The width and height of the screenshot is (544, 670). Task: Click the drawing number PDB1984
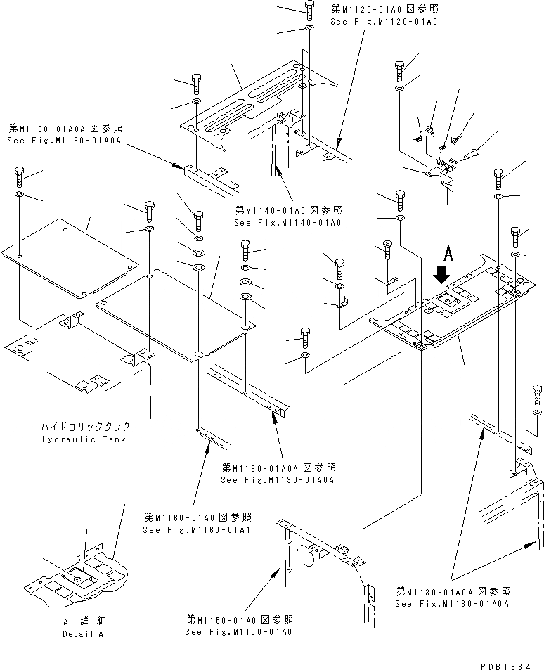pyautogui.click(x=512, y=664)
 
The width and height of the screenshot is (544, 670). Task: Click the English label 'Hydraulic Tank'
pyautogui.click(x=93, y=439)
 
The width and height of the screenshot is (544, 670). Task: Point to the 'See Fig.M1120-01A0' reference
pyautogui.click(x=384, y=22)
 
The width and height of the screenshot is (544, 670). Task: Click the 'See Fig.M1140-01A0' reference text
pyautogui.click(x=287, y=223)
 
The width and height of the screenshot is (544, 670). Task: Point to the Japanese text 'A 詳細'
pyautogui.click(x=82, y=622)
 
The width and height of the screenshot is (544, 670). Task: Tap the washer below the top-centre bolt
pyautogui.click(x=309, y=30)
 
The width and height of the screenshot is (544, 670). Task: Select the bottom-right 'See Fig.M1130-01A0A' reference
pyautogui.click(x=452, y=603)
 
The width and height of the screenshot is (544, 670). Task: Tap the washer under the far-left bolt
pyautogui.click(x=19, y=195)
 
